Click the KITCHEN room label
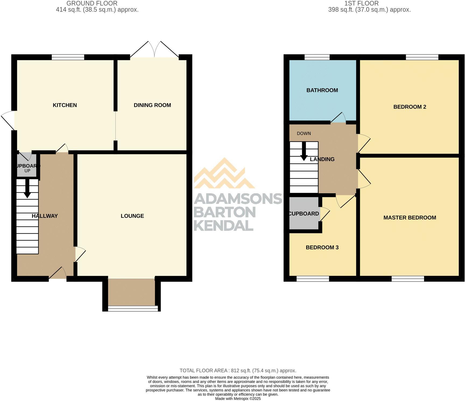tap(65, 105)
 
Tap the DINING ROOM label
tap(152, 105)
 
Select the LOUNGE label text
tap(132, 216)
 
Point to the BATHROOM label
tap(322, 90)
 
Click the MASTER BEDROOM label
tap(410, 218)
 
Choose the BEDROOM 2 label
tap(410, 107)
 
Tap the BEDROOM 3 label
tap(322, 248)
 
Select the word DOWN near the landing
tap(304, 133)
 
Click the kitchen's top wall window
tap(68, 57)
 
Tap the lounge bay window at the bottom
tap(133, 308)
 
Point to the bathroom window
tap(317, 57)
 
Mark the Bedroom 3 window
tap(313, 279)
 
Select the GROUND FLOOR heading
tap(92, 3)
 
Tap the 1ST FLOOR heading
tap(361, 3)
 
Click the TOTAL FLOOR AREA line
tap(238, 371)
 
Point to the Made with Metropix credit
tap(238, 399)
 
